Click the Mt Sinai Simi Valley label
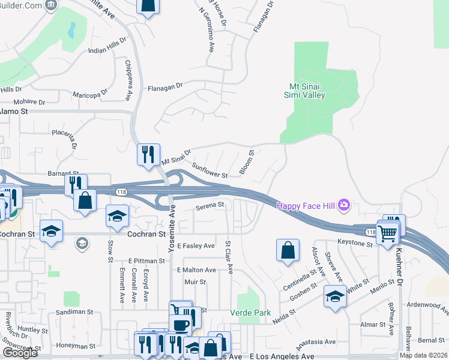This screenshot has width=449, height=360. pos(304,90)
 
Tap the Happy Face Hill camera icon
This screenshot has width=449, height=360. pos(344,205)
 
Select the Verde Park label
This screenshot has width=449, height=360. pos(250,313)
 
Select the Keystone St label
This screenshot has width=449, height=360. pos(355,243)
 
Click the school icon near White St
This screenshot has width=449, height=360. pos(335,296)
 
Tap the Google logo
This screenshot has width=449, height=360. pos(20,353)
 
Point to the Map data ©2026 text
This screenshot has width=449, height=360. pos(423,355)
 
